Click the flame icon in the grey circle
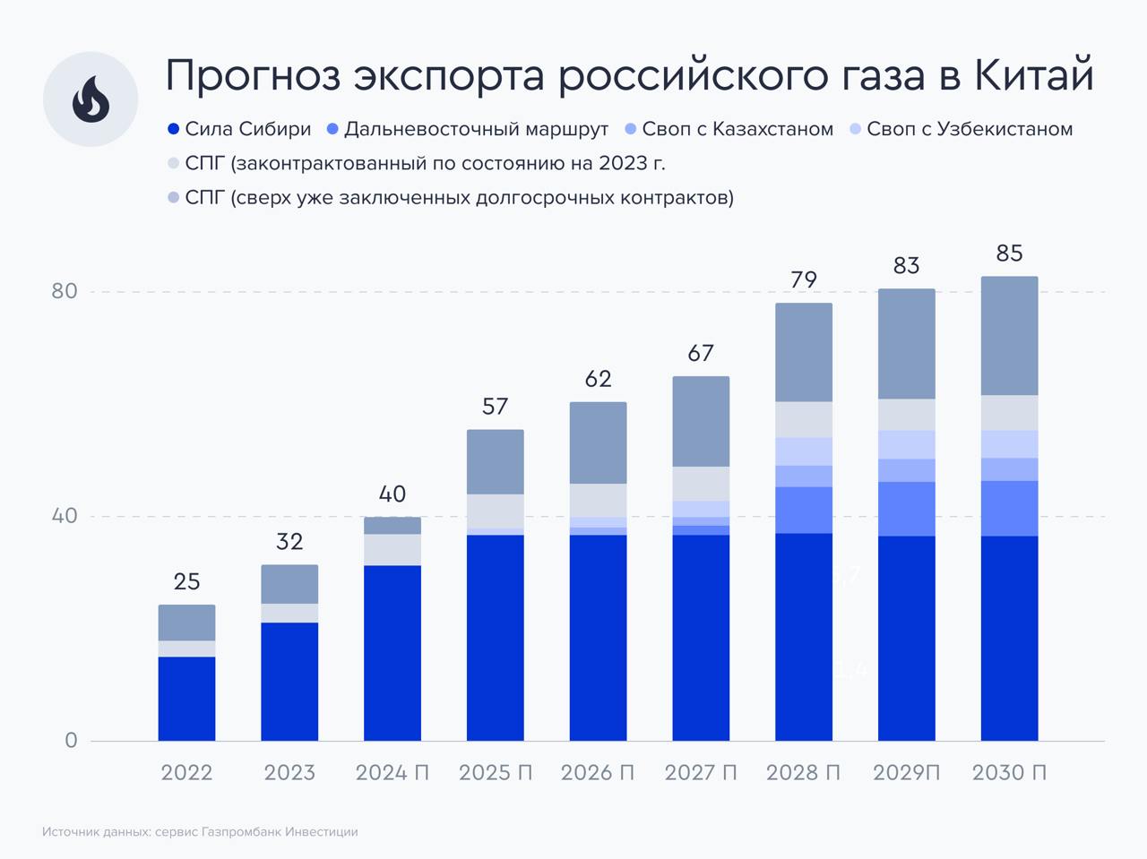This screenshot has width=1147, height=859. click(91, 99)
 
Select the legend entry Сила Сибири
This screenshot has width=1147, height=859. click(239, 129)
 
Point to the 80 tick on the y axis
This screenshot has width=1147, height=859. click(65, 291)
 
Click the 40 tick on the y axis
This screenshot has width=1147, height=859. click(65, 516)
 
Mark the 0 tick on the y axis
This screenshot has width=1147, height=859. click(71, 741)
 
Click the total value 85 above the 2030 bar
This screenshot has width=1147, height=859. click(1009, 253)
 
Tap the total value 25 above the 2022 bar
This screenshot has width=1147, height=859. click(186, 582)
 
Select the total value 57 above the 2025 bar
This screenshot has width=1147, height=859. click(495, 407)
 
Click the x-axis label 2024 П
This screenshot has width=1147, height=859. click(392, 772)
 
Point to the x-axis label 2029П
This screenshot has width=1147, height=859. click(906, 772)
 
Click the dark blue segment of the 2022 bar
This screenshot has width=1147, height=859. click(186, 699)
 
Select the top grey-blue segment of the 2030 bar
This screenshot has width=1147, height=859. click(1009, 336)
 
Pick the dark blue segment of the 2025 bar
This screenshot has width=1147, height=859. click(495, 638)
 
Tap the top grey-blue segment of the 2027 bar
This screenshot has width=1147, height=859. click(701, 421)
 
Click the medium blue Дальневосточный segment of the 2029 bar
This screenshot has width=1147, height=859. click(906, 509)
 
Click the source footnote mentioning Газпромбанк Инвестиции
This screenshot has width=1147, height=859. click(200, 832)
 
